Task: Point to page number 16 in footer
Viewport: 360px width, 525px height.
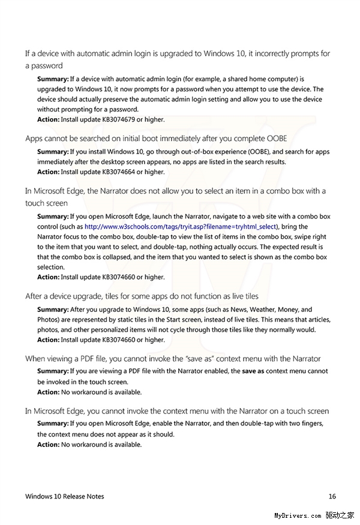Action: click(x=332, y=496)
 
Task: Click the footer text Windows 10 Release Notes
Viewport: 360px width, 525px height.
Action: click(x=64, y=496)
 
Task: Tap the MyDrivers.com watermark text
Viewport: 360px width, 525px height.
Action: click(x=298, y=515)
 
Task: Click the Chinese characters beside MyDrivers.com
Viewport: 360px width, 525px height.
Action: click(x=340, y=515)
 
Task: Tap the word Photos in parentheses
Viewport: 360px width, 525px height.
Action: click(x=47, y=319)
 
